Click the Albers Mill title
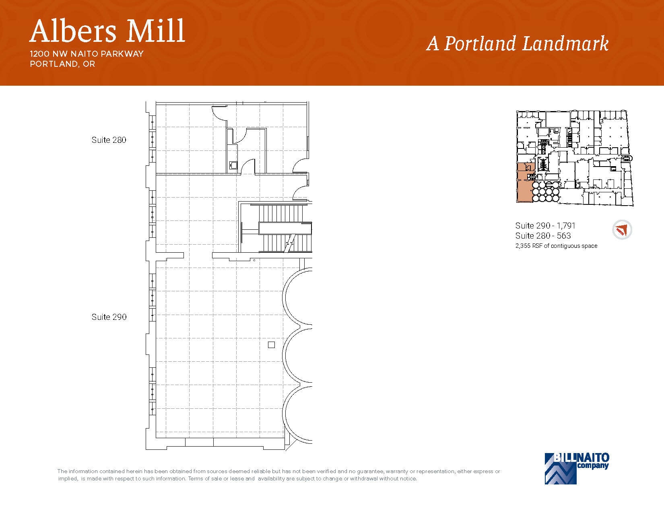pos(107,31)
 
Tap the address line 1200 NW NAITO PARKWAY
pos(87,54)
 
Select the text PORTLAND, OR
pos(62,64)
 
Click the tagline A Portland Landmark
pos(517,44)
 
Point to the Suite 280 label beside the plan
pos(109,140)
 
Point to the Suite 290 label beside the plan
pos(109,317)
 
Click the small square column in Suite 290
pos(271,345)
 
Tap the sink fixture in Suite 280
pos(233,165)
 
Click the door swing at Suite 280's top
pos(220,111)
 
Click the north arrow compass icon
pos(622,230)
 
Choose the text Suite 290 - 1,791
pos(545,226)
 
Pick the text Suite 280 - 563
pos(543,236)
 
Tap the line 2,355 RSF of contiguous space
pos(556,246)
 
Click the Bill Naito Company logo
pos(576,468)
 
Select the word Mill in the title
pos(155,31)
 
